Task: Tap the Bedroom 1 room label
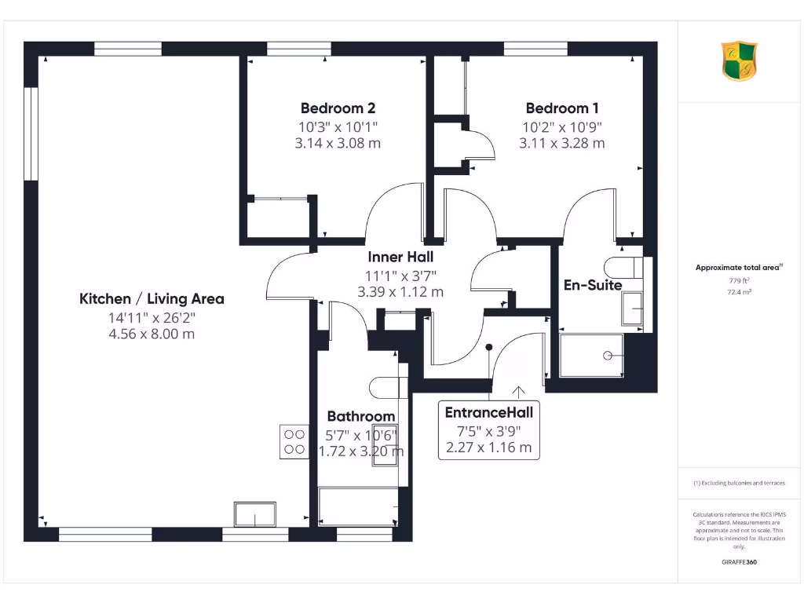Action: pos(562,108)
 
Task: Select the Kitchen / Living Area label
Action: pos(152,298)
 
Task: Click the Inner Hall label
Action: pos(400,257)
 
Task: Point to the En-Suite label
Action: pos(593,285)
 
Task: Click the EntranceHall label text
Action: pos(488,412)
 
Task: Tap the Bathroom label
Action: pos(361,416)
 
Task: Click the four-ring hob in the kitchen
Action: pos(294,441)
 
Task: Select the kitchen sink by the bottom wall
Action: pos(255,515)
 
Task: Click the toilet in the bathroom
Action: pos(385,386)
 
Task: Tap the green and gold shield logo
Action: pos(739,61)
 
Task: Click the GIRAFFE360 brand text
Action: pos(739,562)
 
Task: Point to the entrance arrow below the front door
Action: pos(518,390)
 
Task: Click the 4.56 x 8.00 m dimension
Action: pos(152,334)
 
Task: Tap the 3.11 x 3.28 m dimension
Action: pos(562,143)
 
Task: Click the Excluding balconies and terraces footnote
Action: pos(739,483)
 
